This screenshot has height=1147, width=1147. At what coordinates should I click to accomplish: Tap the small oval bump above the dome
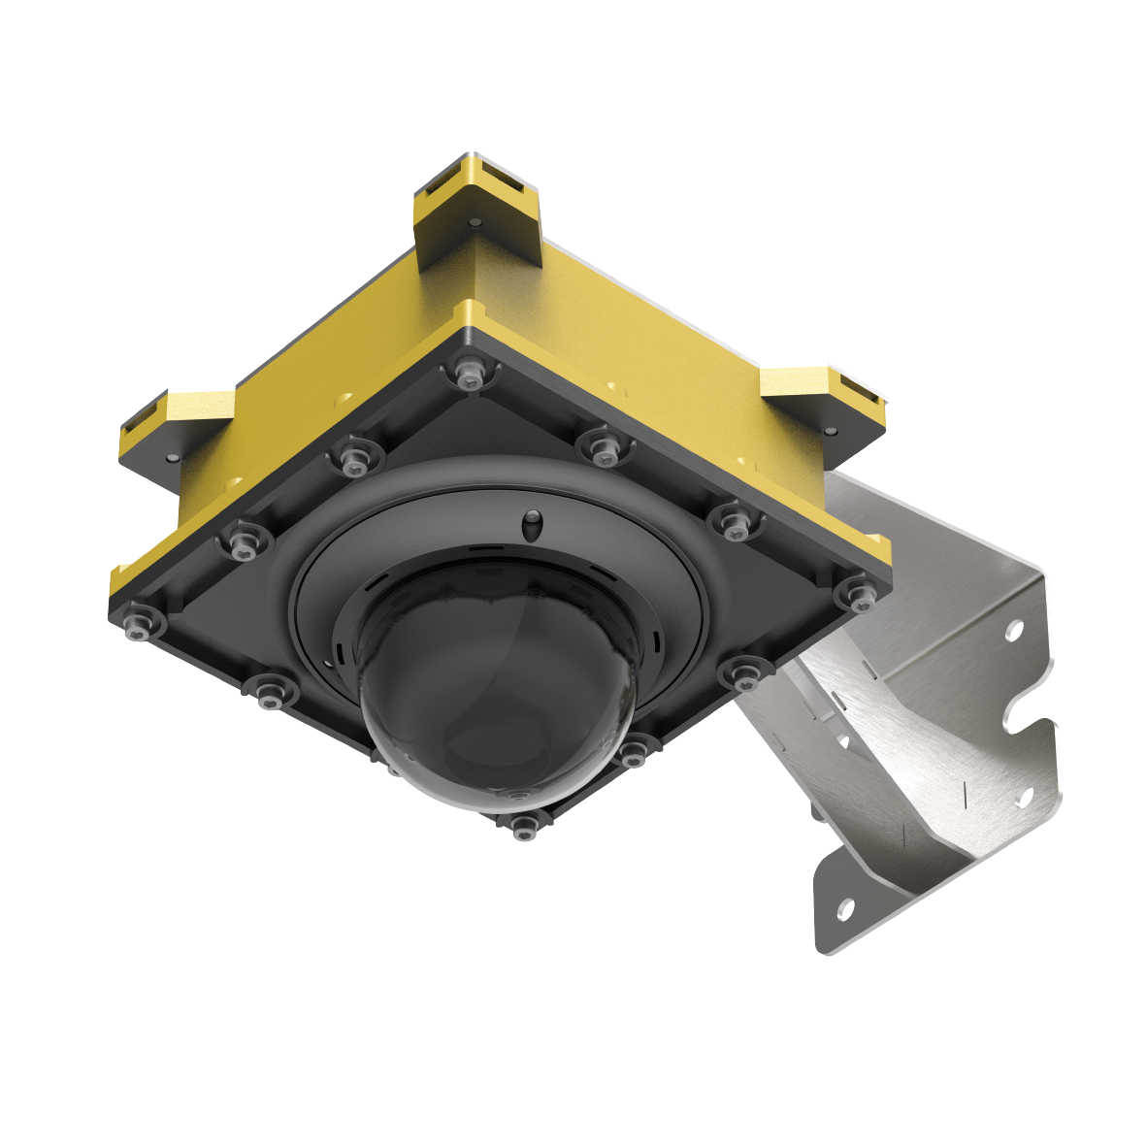coord(531,525)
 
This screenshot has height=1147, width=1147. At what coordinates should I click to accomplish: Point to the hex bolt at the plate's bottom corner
coord(523,826)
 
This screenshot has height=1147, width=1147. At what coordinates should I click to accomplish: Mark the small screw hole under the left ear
coord(172,457)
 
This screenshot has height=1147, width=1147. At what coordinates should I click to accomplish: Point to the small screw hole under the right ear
coord(831,429)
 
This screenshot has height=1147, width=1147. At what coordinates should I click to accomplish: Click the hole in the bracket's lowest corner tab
coord(844,910)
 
